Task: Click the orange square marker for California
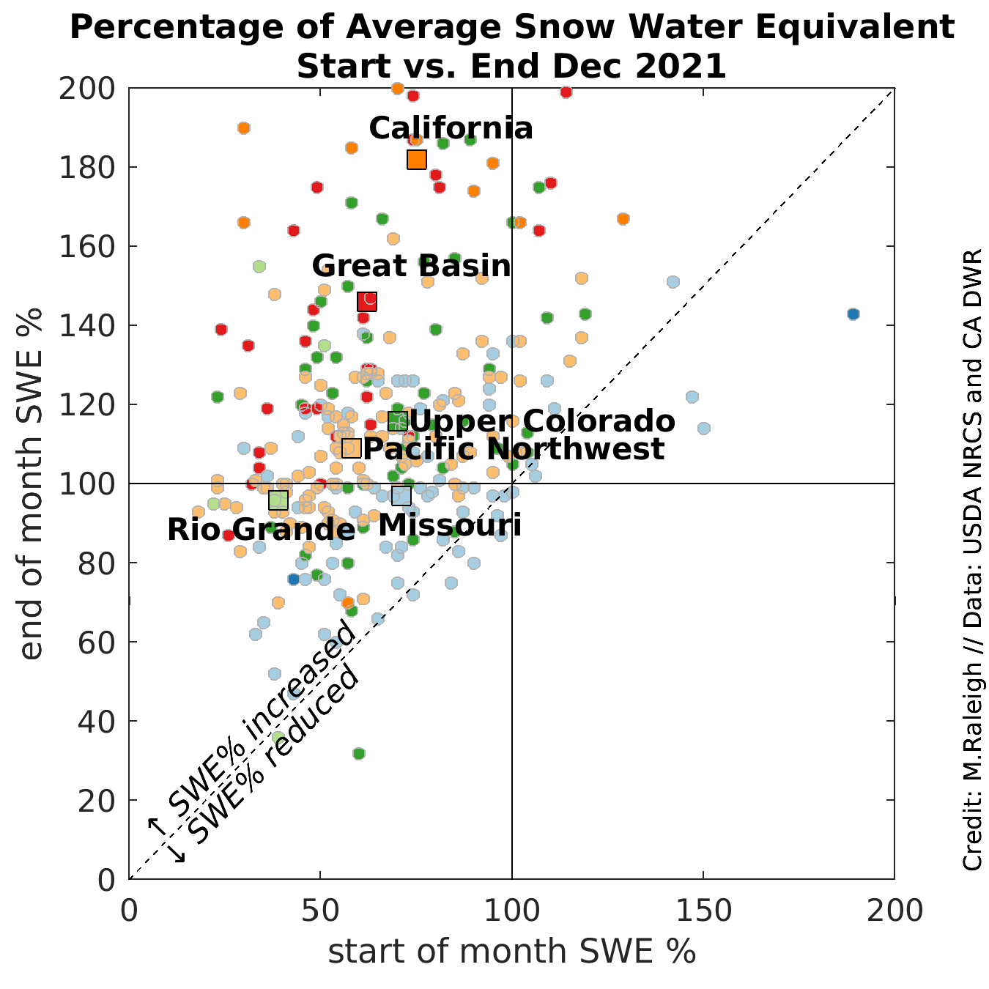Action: [x=417, y=159]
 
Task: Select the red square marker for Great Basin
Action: [x=367, y=301]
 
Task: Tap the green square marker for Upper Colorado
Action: [x=398, y=421]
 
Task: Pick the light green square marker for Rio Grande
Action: [x=278, y=500]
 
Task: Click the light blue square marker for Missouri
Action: [x=401, y=496]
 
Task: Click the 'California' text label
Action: [x=451, y=129]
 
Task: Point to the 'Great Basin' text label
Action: [x=411, y=266]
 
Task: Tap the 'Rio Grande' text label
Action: [x=261, y=530]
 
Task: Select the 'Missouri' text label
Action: [x=449, y=526]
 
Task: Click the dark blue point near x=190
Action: [x=853, y=314]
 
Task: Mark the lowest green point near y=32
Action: [x=359, y=753]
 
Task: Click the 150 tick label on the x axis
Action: [x=703, y=911]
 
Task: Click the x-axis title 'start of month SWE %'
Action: [x=511, y=952]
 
